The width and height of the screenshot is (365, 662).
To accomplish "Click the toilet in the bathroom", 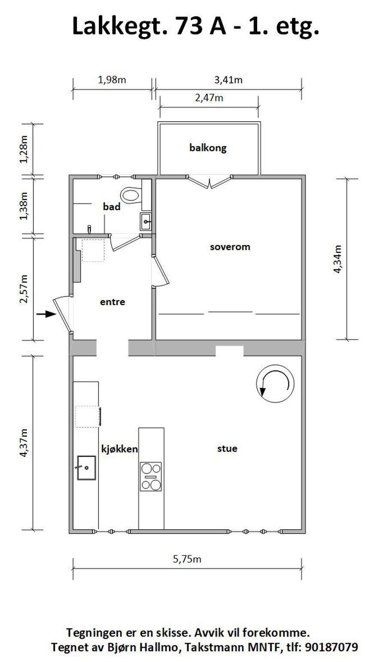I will click(131, 196).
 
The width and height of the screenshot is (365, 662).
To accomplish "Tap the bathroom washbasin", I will click(146, 222).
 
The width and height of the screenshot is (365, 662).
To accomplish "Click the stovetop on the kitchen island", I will click(151, 476).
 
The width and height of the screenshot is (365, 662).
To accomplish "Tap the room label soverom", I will click(230, 247).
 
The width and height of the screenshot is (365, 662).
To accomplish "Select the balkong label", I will click(208, 148).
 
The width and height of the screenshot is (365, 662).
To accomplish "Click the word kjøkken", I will click(119, 449).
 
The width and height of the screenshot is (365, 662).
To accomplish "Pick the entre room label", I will click(113, 302).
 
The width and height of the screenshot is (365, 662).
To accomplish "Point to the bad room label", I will click(111, 207).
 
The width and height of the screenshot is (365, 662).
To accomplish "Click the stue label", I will click(227, 449).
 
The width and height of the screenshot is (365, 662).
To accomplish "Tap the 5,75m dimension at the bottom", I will click(187, 559).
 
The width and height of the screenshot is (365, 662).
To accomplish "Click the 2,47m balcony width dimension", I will click(209, 98).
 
